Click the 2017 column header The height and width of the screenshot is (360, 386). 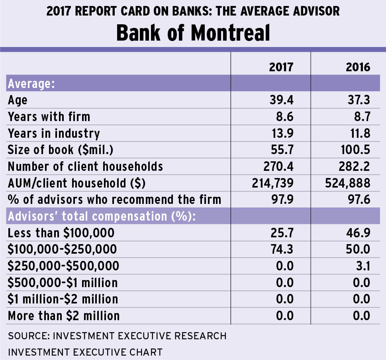281,67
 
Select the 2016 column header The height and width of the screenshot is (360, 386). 358,67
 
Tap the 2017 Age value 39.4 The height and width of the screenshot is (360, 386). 281,100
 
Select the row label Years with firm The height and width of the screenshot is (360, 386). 49,116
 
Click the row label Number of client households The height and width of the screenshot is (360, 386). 85,166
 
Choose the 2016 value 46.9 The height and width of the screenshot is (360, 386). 358,233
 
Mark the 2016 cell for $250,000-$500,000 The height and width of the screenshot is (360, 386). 362,266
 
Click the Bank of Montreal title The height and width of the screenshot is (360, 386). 193,33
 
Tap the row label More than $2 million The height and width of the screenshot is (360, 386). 64,316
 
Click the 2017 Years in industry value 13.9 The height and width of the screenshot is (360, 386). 281,133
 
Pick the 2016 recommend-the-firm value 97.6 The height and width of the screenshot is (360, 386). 358,199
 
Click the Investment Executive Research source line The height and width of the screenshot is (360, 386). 117,336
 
